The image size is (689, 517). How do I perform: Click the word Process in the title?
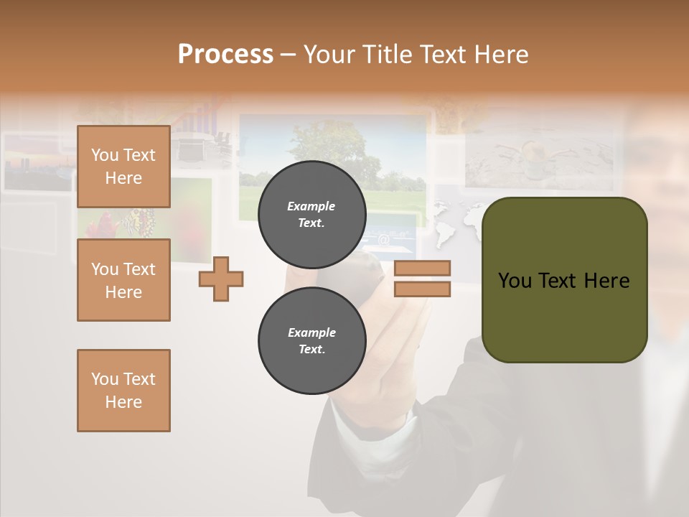225,55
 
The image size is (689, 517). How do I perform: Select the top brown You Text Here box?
123,167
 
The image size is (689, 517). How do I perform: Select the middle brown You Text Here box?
123,280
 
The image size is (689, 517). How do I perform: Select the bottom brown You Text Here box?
123,391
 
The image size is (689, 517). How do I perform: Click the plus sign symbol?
221,279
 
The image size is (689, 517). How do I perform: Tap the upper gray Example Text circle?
311,215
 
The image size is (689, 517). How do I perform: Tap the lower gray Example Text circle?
311,341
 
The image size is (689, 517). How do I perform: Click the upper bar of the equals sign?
422,268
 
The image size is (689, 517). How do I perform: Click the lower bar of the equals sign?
422,289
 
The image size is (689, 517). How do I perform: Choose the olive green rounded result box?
564,316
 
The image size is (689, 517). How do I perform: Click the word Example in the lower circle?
311,332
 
